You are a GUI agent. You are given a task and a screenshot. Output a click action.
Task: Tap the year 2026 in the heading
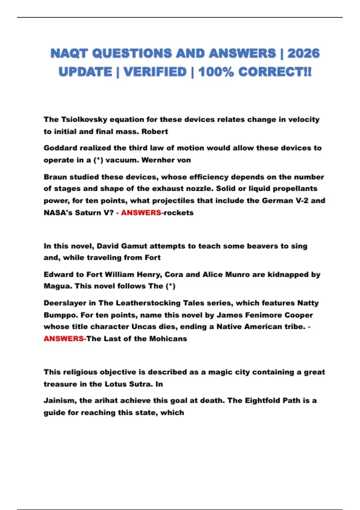pyautogui.click(x=303, y=53)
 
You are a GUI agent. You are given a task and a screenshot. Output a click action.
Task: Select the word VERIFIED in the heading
pyautogui.click(x=155, y=72)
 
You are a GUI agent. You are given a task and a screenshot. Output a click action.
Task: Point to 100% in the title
pyautogui.click(x=216, y=72)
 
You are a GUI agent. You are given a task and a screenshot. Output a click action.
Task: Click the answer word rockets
pyautogui.click(x=178, y=213)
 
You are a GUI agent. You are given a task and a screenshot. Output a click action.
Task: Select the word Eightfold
pyautogui.click(x=265, y=400)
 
